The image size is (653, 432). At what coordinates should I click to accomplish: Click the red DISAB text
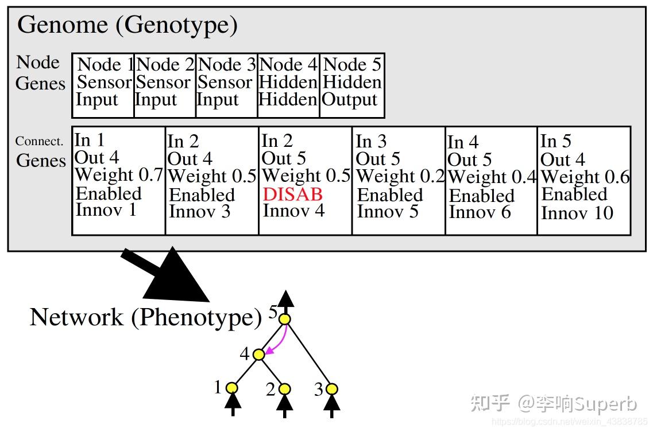point(292,194)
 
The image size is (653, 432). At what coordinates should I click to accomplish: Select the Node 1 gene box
point(103,85)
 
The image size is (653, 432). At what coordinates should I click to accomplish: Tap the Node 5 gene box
point(351,85)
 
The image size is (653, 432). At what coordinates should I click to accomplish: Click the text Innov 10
point(577,213)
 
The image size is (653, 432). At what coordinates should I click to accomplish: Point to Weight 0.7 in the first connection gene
point(119,175)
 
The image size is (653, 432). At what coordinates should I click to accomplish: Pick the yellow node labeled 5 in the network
point(285,319)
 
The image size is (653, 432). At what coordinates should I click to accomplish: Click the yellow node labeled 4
point(258,355)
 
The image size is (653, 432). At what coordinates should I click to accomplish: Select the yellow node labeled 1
point(232,388)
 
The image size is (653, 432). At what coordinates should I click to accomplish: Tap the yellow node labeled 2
point(284,390)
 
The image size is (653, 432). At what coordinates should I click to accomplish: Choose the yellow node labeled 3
point(331,390)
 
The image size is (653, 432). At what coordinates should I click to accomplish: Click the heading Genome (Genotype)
point(127,25)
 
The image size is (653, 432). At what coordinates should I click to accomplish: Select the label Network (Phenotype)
point(145,317)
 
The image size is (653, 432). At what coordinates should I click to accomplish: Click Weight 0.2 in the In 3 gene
point(400,176)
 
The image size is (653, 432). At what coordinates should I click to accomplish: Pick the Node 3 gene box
point(226,85)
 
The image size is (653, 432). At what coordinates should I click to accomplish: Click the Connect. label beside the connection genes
point(39,141)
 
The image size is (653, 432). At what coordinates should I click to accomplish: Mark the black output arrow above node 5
point(285,300)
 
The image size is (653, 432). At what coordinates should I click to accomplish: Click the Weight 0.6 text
point(585,177)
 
